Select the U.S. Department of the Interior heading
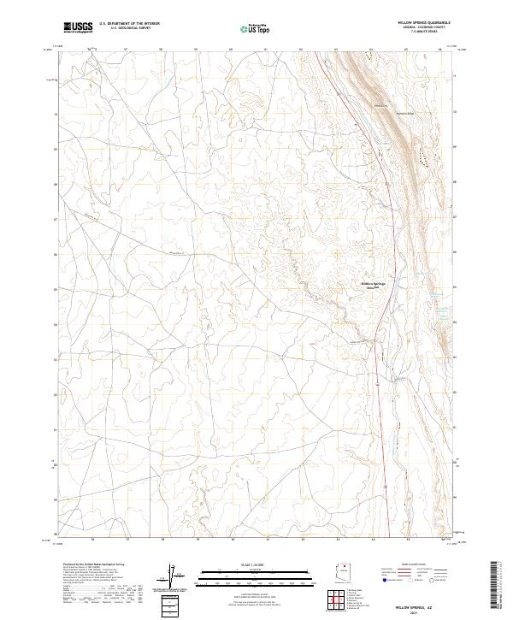point(135,24)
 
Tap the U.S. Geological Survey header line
point(135,28)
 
